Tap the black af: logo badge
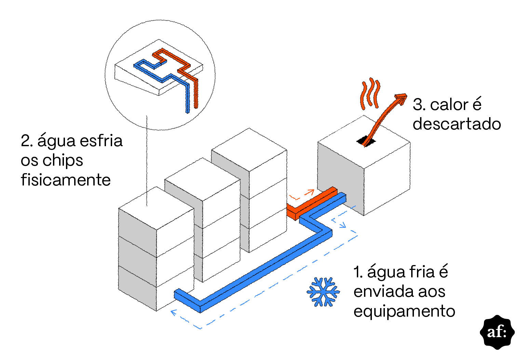coord(497,332)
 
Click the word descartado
coord(457,124)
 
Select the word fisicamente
coord(66,180)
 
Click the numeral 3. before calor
coord(419,105)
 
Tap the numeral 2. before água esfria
coord(27,141)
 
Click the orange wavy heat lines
coord(370,94)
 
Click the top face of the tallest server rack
coord(249,150)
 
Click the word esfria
coord(101,141)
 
